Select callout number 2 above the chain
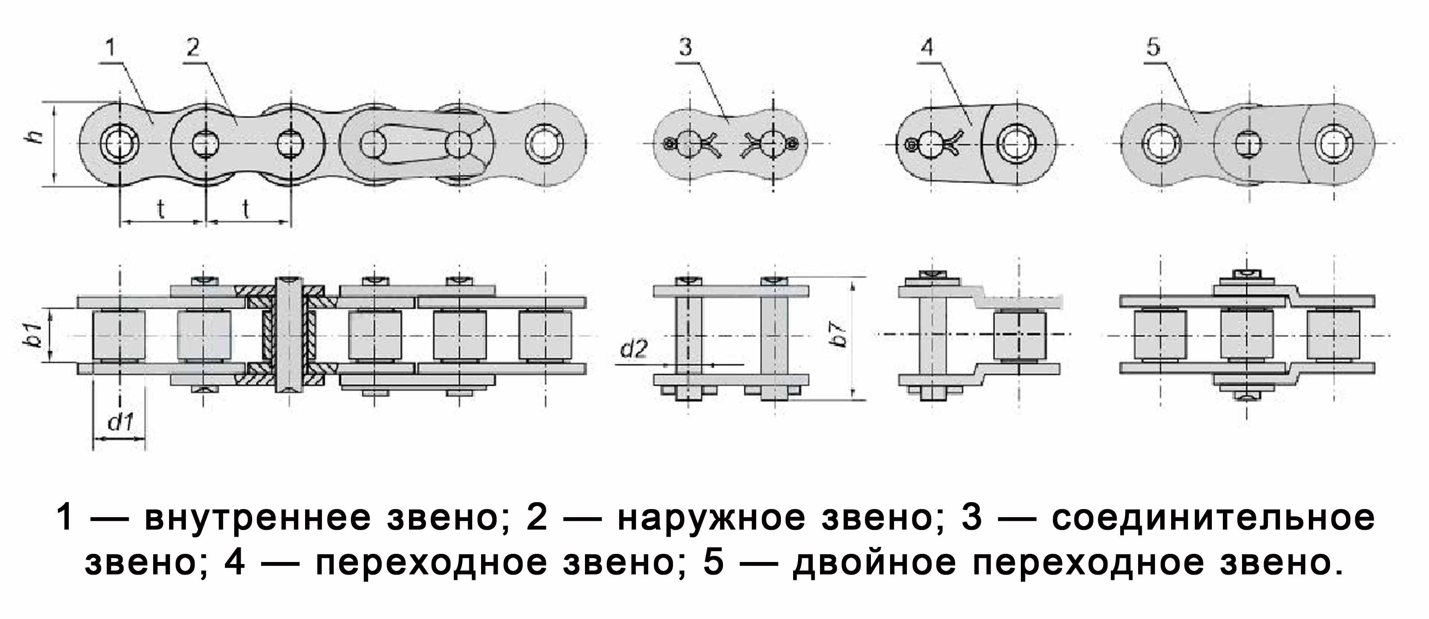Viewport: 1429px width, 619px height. click(193, 48)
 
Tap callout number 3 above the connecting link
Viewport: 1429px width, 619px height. click(686, 48)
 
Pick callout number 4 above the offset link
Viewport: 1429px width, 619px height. click(927, 48)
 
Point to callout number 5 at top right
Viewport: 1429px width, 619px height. click(1153, 48)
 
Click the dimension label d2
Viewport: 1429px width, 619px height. click(633, 349)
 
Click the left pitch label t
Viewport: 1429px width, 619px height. click(161, 209)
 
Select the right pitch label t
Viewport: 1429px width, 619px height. click(246, 209)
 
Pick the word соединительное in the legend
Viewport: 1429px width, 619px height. click(1213, 518)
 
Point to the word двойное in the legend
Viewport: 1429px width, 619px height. click(875, 563)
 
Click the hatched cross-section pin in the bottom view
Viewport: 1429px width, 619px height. click(288, 334)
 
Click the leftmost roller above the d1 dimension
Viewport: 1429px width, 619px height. click(119, 336)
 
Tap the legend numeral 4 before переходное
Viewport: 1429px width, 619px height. click(235, 562)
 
